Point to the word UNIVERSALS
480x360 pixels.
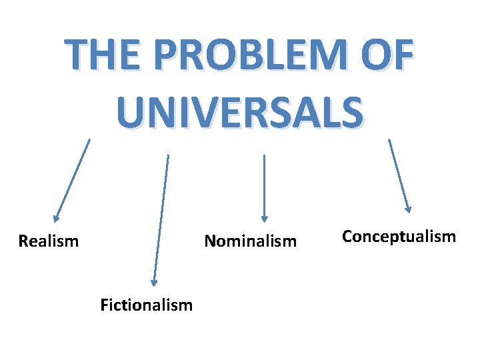(x=240, y=111)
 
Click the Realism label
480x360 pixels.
(x=49, y=241)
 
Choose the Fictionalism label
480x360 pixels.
(x=146, y=305)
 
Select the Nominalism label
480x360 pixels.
(x=250, y=241)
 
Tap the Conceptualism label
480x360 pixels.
(x=399, y=236)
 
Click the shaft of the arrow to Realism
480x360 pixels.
(x=73, y=177)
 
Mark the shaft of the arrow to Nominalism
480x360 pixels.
(x=265, y=183)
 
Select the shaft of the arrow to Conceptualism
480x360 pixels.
(x=399, y=173)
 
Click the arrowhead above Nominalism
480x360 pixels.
(x=265, y=217)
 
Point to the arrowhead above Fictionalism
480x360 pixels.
(x=153, y=283)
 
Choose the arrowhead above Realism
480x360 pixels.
(x=57, y=217)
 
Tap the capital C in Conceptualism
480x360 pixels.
(x=347, y=236)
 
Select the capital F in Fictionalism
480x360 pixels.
(x=104, y=305)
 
